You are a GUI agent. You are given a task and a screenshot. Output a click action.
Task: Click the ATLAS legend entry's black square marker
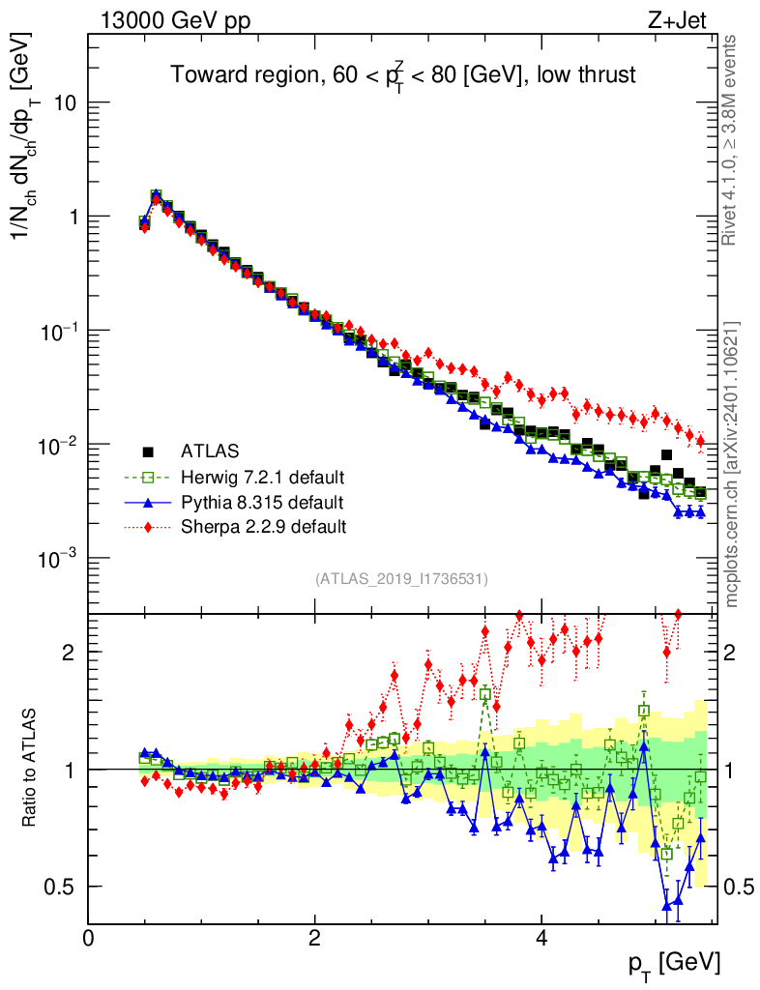click(148, 451)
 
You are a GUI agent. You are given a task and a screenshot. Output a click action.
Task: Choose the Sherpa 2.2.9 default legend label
click(263, 527)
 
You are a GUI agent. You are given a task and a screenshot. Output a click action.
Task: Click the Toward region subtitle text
click(403, 74)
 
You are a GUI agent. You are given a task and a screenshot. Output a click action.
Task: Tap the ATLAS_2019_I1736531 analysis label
click(401, 579)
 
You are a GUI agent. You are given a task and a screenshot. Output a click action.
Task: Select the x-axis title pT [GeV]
click(674, 964)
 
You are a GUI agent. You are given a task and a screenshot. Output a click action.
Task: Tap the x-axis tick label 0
click(89, 938)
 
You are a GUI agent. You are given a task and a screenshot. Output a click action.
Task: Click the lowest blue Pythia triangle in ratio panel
click(667, 906)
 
